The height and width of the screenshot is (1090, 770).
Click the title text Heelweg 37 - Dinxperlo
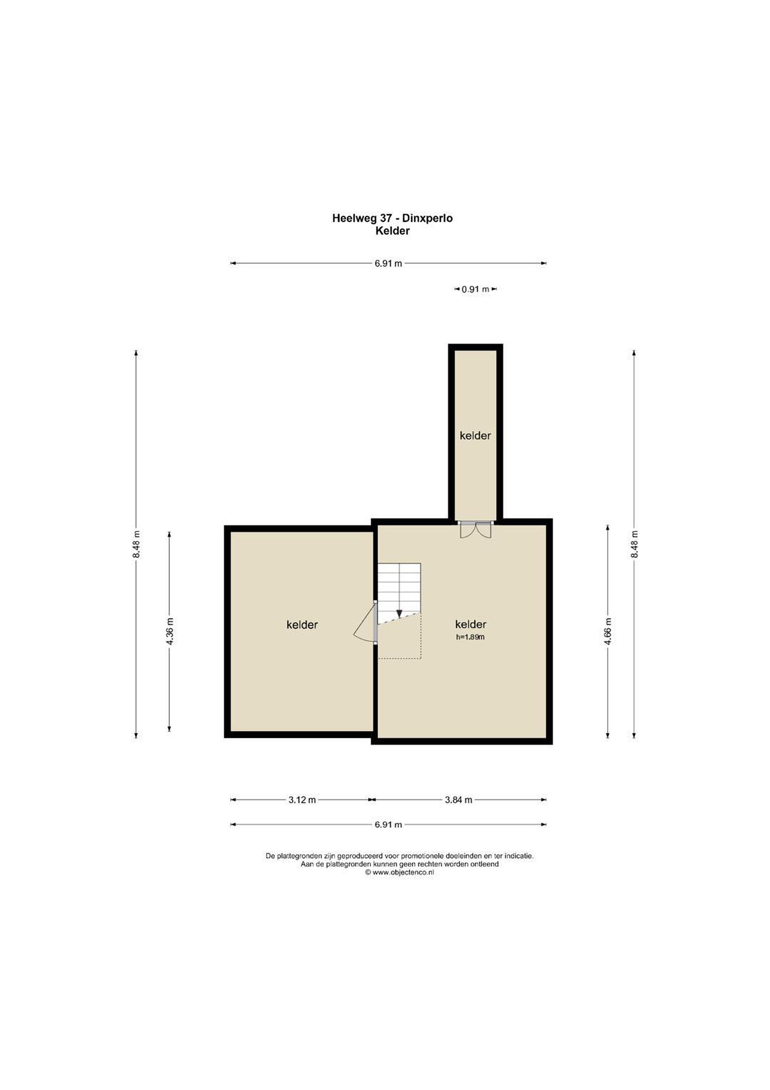(x=392, y=218)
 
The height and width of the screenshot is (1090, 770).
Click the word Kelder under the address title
(x=392, y=231)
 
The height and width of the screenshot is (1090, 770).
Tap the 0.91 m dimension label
(x=475, y=289)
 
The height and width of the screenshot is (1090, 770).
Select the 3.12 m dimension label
(x=302, y=800)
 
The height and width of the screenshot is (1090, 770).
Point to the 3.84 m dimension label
(x=458, y=800)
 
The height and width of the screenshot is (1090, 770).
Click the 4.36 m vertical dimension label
(x=170, y=631)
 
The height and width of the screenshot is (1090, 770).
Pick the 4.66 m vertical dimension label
(x=608, y=631)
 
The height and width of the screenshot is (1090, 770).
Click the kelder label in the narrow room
(x=475, y=436)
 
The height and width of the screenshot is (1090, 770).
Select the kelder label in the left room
(x=302, y=625)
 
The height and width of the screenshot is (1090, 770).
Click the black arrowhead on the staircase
(x=399, y=614)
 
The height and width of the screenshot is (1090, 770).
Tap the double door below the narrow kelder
(x=476, y=530)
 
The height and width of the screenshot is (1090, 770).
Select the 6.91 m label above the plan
(x=388, y=263)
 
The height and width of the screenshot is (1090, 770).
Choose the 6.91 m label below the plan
(x=388, y=825)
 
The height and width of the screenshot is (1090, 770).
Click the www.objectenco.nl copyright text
(x=399, y=872)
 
